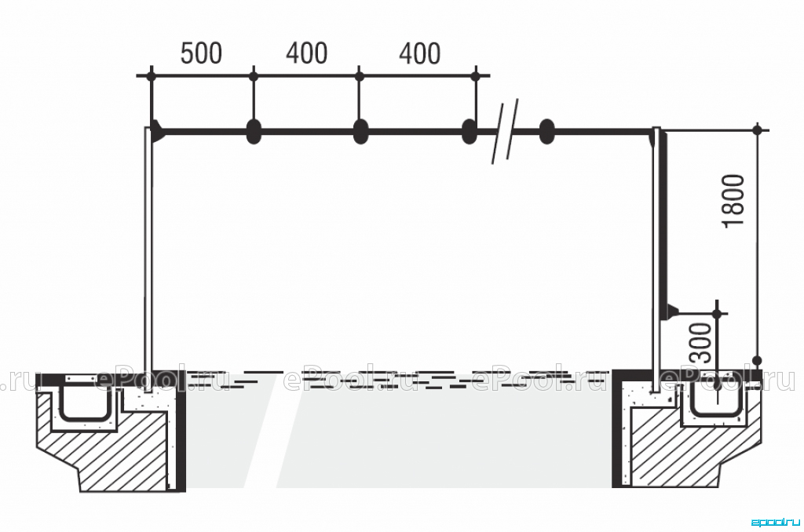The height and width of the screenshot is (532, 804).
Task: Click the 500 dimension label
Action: pyautogui.click(x=201, y=53)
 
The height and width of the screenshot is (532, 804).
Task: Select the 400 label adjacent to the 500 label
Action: pyautogui.click(x=307, y=53)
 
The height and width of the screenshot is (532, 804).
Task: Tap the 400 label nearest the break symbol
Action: pyautogui.click(x=419, y=53)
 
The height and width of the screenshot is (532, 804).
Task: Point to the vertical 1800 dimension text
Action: pyautogui.click(x=733, y=200)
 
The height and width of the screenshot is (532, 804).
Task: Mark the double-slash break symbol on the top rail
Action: pyautogui.click(x=506, y=131)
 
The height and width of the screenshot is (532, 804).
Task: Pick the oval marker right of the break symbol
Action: pyautogui.click(x=547, y=131)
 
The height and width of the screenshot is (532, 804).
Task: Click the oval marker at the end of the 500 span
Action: pyautogui.click(x=254, y=131)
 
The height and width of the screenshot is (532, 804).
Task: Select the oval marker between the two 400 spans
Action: pyautogui.click(x=361, y=131)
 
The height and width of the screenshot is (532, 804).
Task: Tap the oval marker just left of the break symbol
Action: pyautogui.click(x=470, y=131)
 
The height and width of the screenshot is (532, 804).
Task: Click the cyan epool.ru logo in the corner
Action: pyautogui.click(x=776, y=523)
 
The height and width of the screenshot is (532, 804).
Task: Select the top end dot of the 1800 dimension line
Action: pyautogui.click(x=758, y=129)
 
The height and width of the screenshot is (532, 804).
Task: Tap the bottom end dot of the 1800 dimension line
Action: pyautogui.click(x=758, y=360)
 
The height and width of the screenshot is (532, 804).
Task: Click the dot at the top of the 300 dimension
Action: pyautogui.click(x=718, y=312)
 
